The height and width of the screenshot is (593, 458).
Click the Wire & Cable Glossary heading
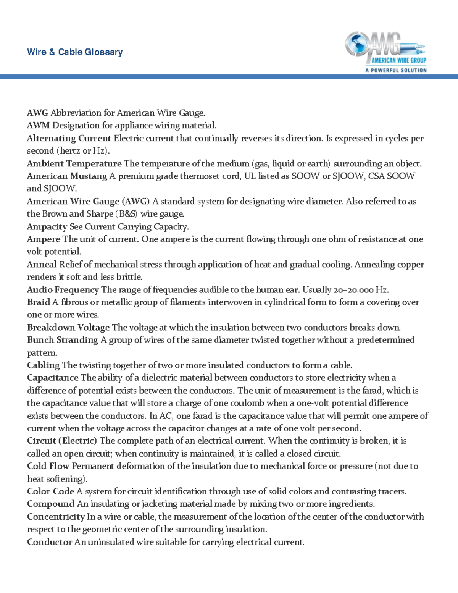coord(75,52)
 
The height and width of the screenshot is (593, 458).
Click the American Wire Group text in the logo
coord(399,60)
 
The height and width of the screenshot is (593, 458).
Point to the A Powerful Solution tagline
coord(396,70)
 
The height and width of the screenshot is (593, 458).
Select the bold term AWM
coord(38,126)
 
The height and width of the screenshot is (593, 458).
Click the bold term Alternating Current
coord(69,138)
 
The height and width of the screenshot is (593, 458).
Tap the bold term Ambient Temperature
coord(74,164)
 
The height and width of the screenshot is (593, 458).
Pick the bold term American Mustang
coord(67,176)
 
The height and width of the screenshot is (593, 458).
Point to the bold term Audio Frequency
coord(63,290)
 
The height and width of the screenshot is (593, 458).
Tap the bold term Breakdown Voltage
coord(68,328)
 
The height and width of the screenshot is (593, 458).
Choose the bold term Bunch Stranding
coord(63,340)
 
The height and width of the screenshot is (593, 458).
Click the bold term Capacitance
coord(52,378)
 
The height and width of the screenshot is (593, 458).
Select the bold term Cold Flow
coord(48,466)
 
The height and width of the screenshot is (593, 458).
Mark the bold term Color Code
coord(50,491)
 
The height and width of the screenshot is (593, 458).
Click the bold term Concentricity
coord(56,517)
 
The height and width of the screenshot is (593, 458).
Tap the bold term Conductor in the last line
coord(50,542)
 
